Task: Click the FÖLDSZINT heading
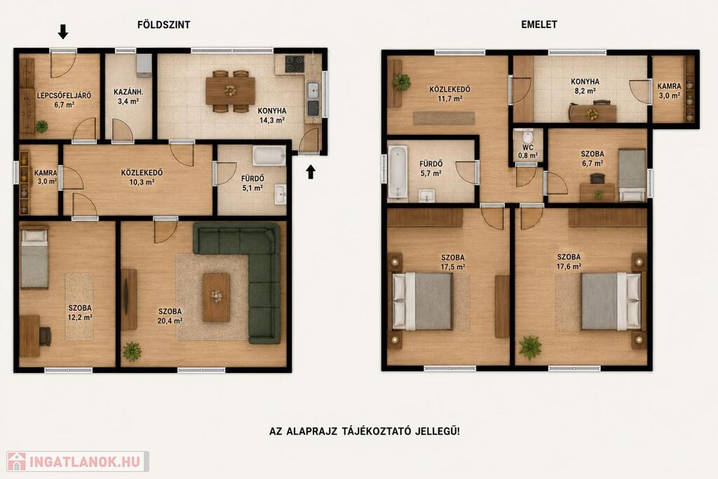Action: [163, 25]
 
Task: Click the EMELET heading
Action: [539, 25]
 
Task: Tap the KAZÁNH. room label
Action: [128, 92]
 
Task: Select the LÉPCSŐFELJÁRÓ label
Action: [64, 95]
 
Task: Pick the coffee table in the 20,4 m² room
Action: [216, 297]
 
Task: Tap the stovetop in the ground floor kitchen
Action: [294, 64]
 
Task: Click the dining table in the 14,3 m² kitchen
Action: [230, 90]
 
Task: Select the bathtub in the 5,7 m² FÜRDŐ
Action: [398, 173]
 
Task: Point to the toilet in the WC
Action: [527, 136]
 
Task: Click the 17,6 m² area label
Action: [569, 266]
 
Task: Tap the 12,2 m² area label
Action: [80, 317]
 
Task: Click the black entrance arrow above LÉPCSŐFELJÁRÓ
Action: [62, 32]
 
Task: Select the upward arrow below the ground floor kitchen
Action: [311, 172]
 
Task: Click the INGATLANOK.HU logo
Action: [77, 461]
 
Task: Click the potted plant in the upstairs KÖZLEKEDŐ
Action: [401, 82]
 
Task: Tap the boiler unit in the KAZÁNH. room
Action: [144, 65]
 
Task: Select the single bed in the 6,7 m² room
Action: [632, 175]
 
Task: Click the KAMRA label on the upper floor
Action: [669, 86]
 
